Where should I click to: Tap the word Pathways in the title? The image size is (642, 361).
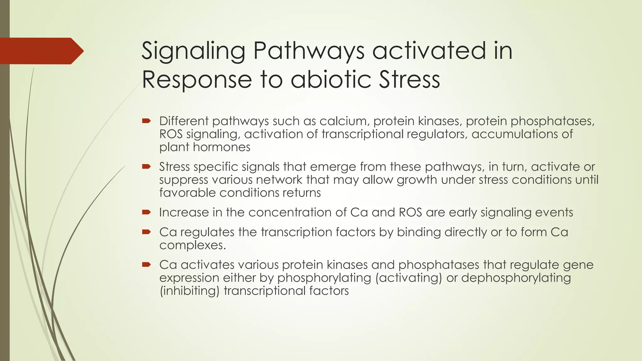(x=309, y=51)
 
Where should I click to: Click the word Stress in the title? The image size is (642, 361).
(x=409, y=80)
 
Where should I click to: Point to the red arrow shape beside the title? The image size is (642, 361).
(x=41, y=51)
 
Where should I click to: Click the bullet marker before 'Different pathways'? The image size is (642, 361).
(x=146, y=121)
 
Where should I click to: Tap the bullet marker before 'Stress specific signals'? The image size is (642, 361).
(x=146, y=166)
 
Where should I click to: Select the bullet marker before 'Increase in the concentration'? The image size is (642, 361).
(x=146, y=212)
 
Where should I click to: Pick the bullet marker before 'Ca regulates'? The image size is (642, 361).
(x=146, y=232)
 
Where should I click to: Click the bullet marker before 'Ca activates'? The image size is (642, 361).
(x=146, y=264)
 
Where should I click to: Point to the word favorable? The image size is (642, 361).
(x=187, y=193)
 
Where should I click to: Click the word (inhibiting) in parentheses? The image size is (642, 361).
(x=189, y=291)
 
